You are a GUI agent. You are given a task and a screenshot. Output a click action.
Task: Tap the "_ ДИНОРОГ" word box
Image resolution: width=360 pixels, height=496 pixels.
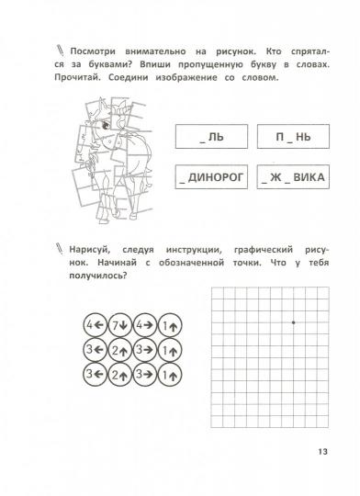pos(208,175)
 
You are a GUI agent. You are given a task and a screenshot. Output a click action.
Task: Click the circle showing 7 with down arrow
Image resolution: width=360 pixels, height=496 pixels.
pos(119,324)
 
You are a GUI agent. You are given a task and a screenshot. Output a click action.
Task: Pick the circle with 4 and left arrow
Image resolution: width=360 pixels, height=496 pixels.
pos(93,324)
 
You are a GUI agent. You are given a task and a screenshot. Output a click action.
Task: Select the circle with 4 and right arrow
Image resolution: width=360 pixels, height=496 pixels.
pos(145,324)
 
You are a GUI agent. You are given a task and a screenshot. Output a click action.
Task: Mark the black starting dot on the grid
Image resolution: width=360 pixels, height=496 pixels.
pos(293,322)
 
